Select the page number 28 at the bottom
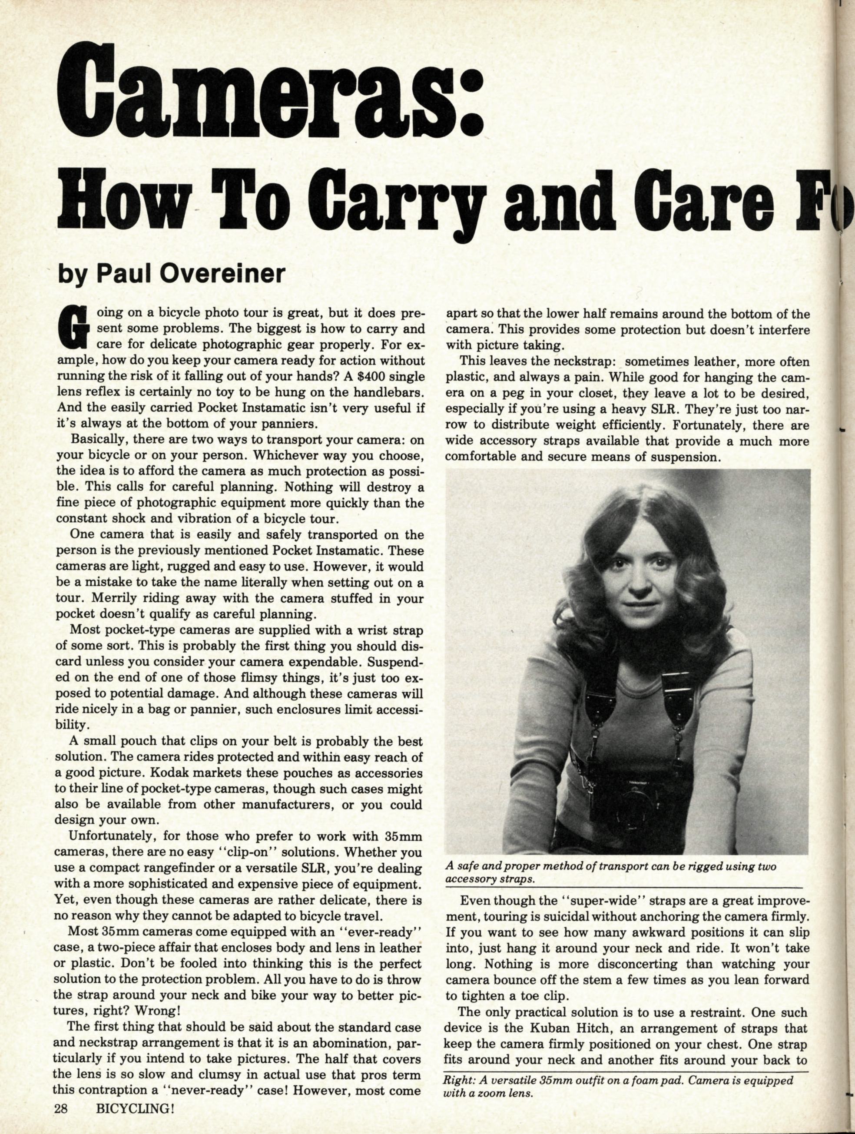(x=63, y=1119)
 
